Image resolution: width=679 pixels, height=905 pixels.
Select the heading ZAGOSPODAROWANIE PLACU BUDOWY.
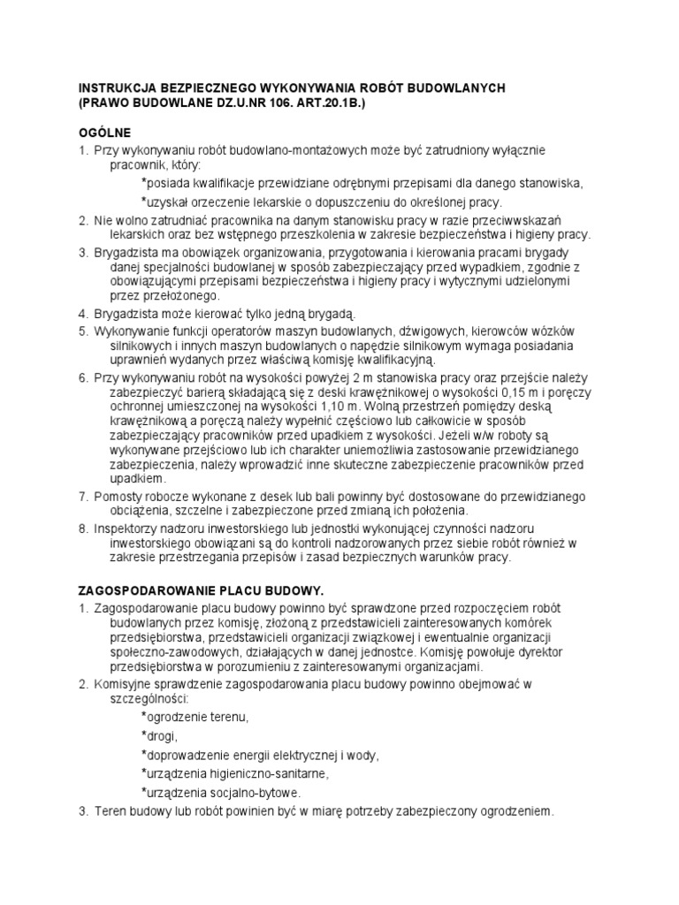click(202, 589)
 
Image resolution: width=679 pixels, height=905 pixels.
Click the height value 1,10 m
click(343, 407)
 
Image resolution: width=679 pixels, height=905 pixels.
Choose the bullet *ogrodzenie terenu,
click(195, 716)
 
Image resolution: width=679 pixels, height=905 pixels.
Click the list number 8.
click(84, 528)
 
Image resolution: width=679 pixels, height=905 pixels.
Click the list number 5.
click(84, 330)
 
